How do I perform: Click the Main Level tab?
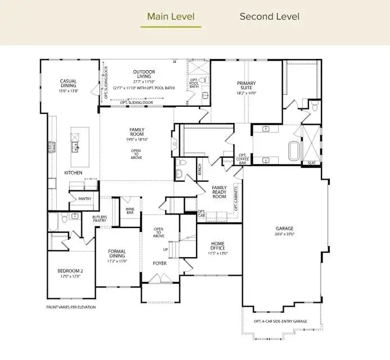(x=171, y=16)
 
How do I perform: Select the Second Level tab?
(x=269, y=16)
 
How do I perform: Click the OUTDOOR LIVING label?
(x=144, y=72)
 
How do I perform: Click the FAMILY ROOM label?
(x=137, y=132)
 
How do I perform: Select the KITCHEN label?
(x=73, y=172)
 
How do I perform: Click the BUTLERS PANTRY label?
(x=99, y=219)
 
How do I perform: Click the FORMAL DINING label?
(x=117, y=254)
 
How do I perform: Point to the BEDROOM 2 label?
(x=71, y=274)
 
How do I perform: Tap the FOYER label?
(x=160, y=263)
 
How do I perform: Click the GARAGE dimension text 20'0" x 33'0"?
(x=284, y=234)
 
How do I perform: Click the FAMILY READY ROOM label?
(x=219, y=192)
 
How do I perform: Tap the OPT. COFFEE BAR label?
(x=243, y=159)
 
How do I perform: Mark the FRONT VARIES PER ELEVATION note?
(x=71, y=307)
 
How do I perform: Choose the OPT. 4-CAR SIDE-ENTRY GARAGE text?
(x=280, y=321)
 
